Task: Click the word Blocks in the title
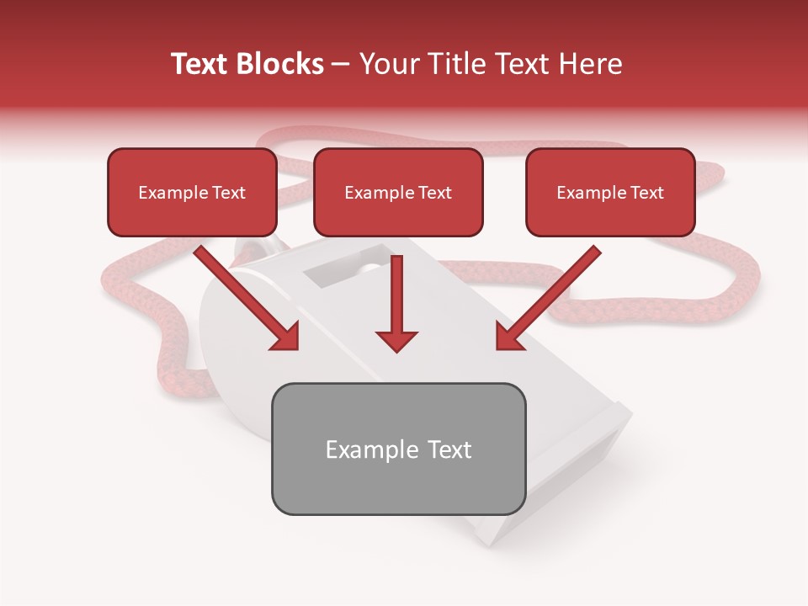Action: point(279,64)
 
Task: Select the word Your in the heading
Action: point(387,64)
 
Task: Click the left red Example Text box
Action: point(192,192)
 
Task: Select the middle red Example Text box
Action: point(398,192)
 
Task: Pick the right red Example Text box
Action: point(610,192)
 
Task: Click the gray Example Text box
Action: point(398,449)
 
